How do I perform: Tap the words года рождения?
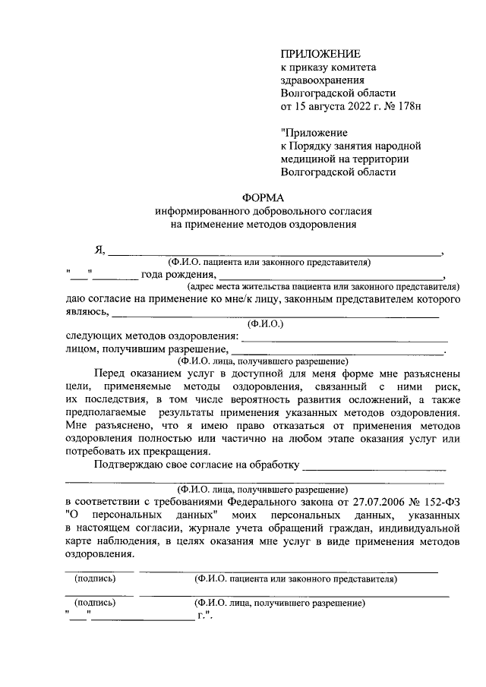pyautogui.click(x=178, y=275)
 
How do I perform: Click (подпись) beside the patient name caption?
pyautogui.click(x=95, y=578)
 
